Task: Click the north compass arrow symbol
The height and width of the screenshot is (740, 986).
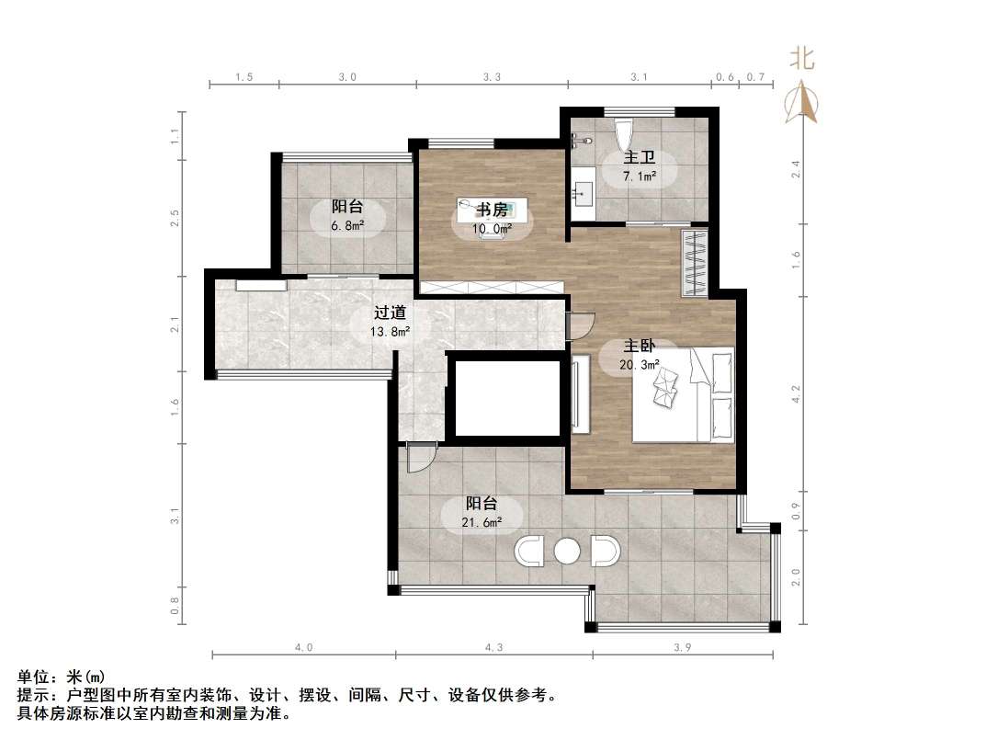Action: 801,102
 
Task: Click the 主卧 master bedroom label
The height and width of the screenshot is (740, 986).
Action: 640,346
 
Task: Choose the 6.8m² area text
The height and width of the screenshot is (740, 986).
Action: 346,225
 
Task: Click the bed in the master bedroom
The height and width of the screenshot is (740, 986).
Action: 683,394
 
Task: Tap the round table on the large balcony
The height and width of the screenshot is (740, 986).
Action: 567,551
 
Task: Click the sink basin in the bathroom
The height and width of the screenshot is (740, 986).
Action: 584,194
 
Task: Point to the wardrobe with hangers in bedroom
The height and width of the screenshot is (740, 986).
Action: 695,263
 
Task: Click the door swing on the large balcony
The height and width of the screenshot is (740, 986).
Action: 419,458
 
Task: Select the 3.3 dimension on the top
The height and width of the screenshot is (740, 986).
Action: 492,78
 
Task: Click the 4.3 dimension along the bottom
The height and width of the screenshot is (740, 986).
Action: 493,647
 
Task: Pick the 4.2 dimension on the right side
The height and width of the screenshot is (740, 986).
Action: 797,393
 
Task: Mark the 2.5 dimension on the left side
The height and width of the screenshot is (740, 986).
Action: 175,218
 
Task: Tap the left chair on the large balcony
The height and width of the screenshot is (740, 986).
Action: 530,551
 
